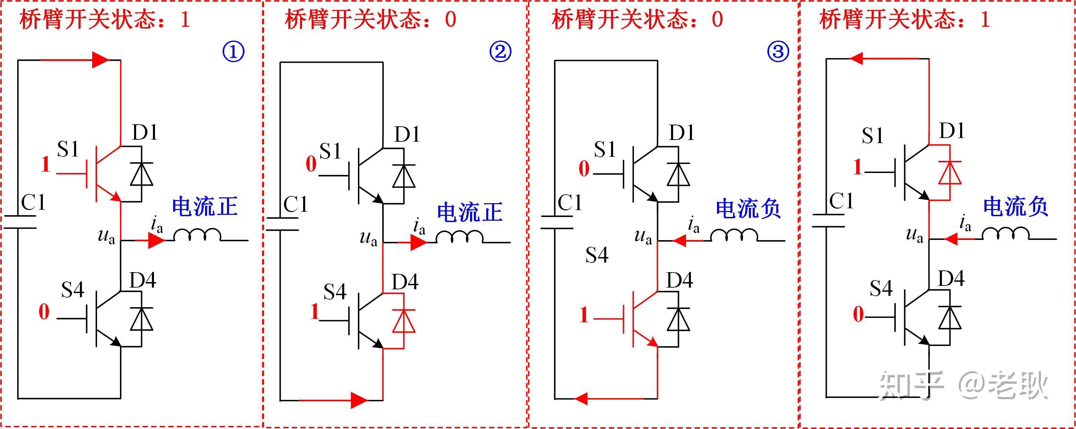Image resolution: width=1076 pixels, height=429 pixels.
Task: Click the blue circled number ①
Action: pyautogui.click(x=233, y=52)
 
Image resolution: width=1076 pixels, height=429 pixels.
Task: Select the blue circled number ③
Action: pyautogui.click(x=778, y=52)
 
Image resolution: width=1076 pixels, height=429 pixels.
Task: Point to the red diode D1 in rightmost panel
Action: pyautogui.click(x=949, y=172)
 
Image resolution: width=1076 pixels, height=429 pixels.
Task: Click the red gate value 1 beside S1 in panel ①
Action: pyautogui.click(x=46, y=164)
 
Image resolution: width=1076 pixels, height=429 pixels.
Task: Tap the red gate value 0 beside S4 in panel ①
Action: pyautogui.click(x=44, y=312)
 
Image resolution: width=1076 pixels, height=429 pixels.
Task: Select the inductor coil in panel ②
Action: pyautogui.click(x=459, y=237)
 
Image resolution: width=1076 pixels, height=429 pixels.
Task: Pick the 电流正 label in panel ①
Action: pyautogui.click(x=205, y=207)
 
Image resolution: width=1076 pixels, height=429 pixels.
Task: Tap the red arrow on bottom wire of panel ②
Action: pyautogui.click(x=359, y=400)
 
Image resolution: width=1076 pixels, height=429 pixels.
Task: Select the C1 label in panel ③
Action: pyautogui.click(x=570, y=203)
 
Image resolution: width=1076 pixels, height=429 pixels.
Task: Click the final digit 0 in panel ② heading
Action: pyautogui.click(x=450, y=19)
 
